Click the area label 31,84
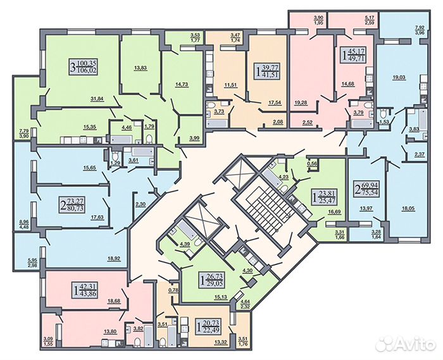pyautogui.click(x=97, y=99)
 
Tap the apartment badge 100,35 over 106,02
pyautogui.click(x=84, y=66)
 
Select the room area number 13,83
pyautogui.click(x=140, y=68)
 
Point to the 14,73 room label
pyautogui.click(x=182, y=84)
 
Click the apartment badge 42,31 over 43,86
pyautogui.click(x=85, y=290)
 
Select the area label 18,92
pyautogui.click(x=115, y=258)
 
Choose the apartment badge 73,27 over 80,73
pyautogui.click(x=73, y=205)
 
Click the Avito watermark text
pyautogui.click(x=408, y=344)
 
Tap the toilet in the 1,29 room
pyautogui.click(x=115, y=156)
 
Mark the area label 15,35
pyautogui.click(x=90, y=127)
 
